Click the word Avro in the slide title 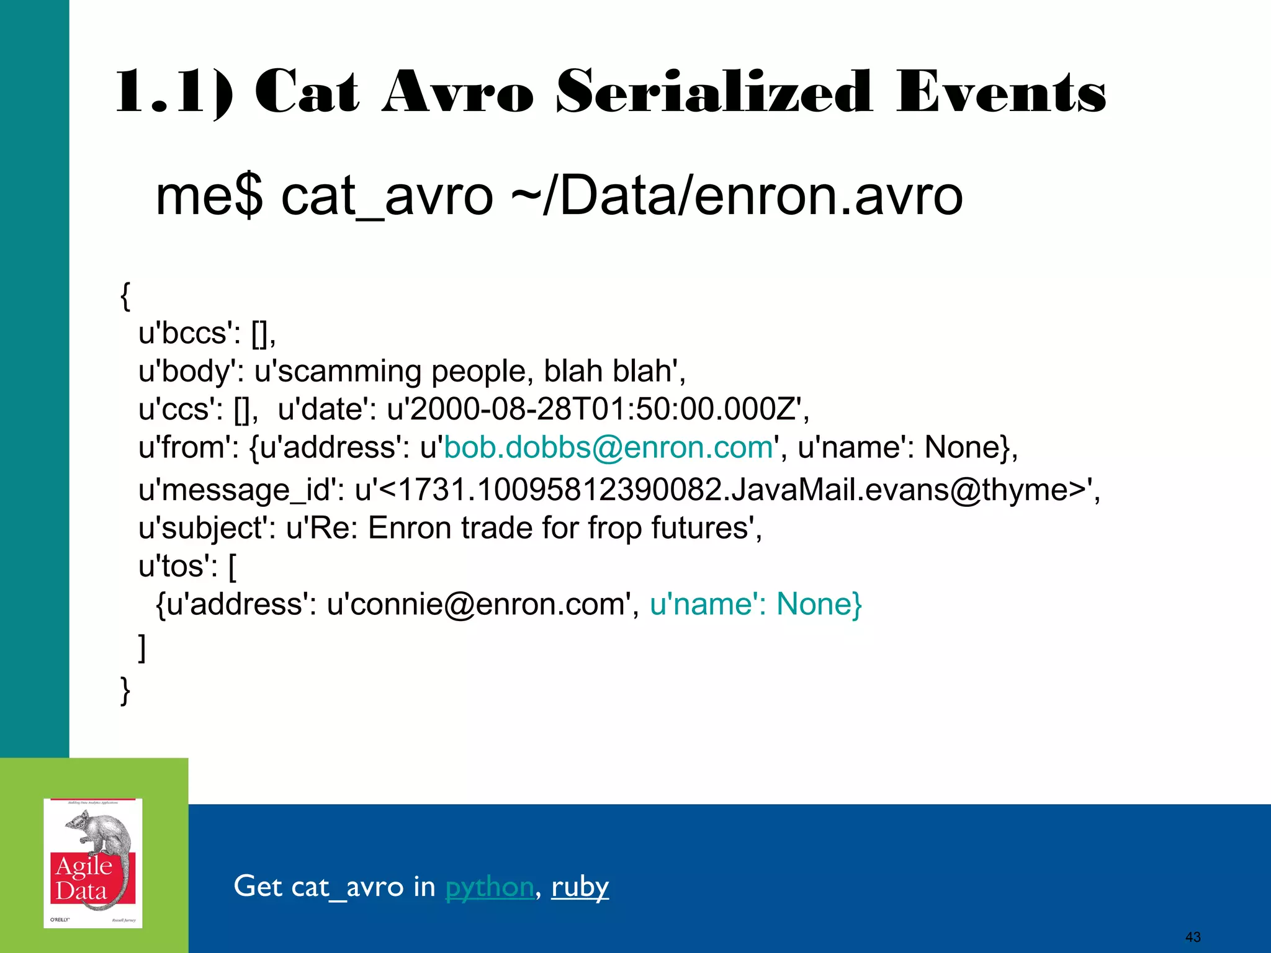457,93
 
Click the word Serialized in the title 714,93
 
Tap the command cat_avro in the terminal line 387,196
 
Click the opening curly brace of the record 125,296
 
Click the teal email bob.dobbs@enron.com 608,447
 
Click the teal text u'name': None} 756,604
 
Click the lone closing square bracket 142,648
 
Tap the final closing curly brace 125,690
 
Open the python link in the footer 489,886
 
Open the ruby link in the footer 580,886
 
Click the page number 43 1192,937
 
